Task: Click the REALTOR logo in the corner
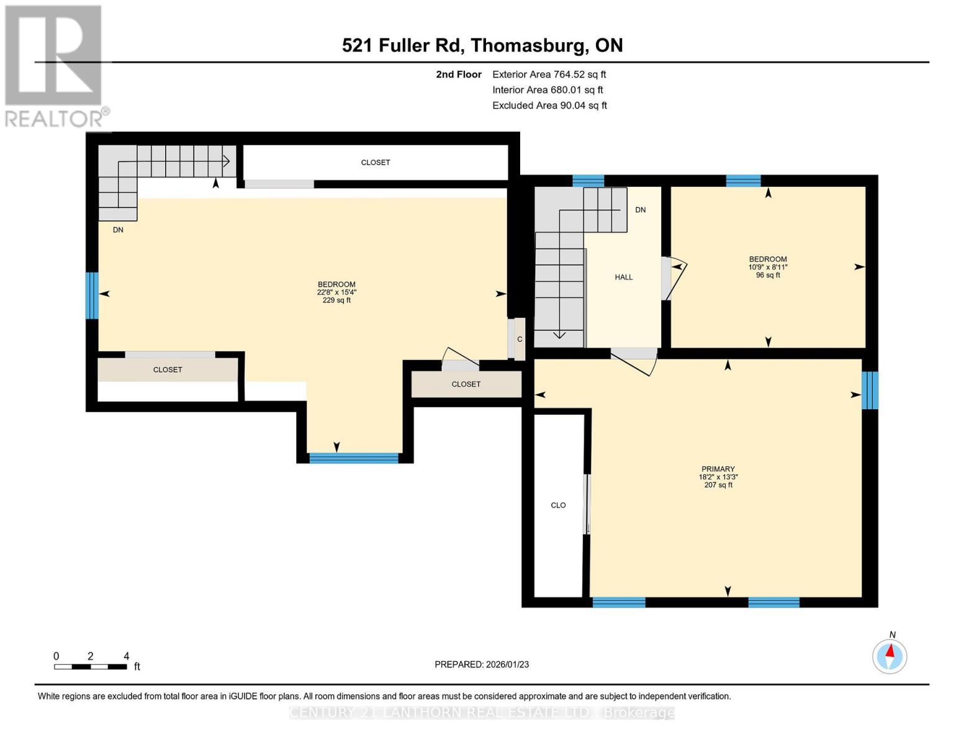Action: click(55, 66)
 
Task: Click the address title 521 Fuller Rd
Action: click(482, 45)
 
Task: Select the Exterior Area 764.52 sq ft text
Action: click(549, 74)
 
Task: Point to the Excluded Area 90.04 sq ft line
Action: click(549, 106)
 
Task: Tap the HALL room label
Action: click(623, 278)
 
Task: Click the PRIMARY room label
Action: click(718, 469)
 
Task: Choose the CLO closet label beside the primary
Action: click(558, 505)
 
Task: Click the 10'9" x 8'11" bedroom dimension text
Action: click(767, 268)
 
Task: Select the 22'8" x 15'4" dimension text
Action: click(336, 292)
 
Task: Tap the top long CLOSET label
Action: click(376, 163)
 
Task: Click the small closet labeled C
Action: click(520, 339)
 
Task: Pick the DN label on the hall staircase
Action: click(640, 210)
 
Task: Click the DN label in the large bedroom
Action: click(118, 230)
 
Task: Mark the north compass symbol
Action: click(890, 656)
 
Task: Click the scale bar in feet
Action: click(91, 666)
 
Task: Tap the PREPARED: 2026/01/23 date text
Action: click(482, 664)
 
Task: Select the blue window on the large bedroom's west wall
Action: click(92, 296)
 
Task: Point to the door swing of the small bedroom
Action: click(673, 278)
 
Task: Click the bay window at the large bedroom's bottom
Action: click(354, 458)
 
